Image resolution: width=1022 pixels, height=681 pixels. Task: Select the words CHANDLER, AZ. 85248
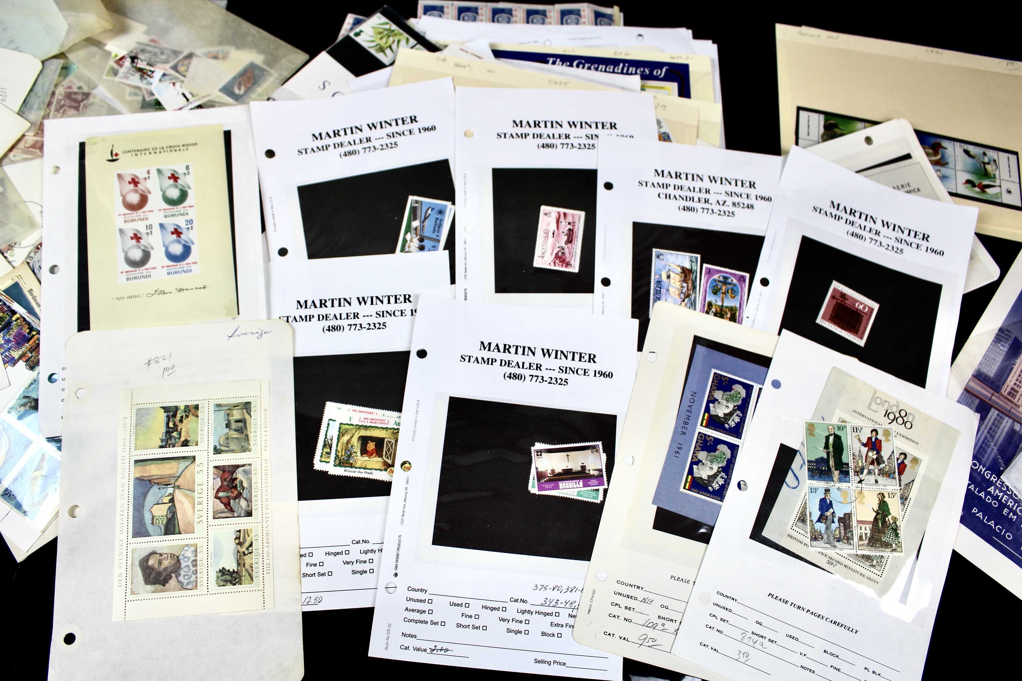point(705,201)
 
